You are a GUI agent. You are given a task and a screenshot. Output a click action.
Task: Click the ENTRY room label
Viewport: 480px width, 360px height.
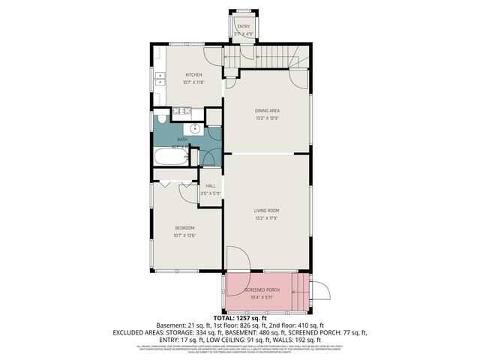[244, 27]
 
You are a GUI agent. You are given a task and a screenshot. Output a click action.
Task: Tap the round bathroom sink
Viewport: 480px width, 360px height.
[195, 128]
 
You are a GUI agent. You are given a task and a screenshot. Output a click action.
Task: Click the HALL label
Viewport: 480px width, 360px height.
[211, 186]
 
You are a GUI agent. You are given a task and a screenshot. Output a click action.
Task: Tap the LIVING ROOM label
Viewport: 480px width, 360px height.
[266, 211]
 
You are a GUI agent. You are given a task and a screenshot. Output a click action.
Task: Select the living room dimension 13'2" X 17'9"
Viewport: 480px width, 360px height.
[266, 218]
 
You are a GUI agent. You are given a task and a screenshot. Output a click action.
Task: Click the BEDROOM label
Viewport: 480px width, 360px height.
[184, 228]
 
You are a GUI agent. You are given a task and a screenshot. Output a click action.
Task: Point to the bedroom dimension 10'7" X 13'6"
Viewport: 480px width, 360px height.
[184, 235]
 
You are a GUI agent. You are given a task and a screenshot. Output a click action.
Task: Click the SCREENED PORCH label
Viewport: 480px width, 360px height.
[262, 289]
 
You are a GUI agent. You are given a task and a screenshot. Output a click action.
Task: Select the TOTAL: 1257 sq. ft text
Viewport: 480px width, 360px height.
[239, 319]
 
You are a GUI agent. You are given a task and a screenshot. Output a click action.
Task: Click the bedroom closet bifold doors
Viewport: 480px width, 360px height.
[174, 181]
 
